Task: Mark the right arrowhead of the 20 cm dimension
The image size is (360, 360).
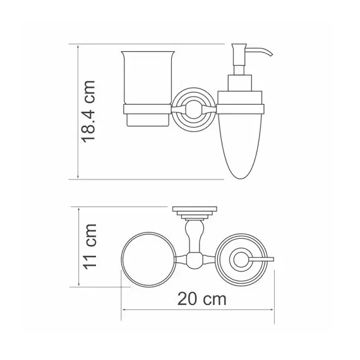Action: (274, 309)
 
